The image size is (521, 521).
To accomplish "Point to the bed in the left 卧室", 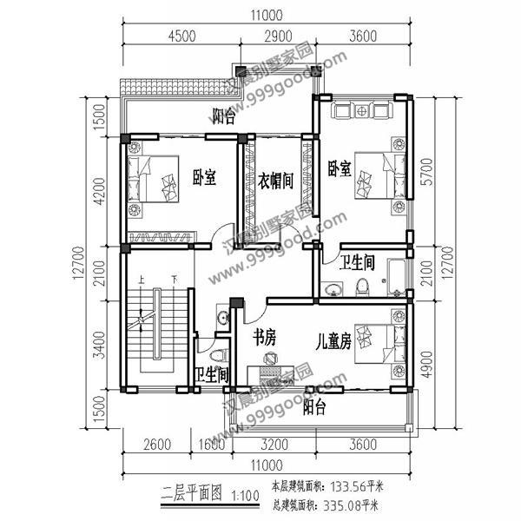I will click(153, 179).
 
